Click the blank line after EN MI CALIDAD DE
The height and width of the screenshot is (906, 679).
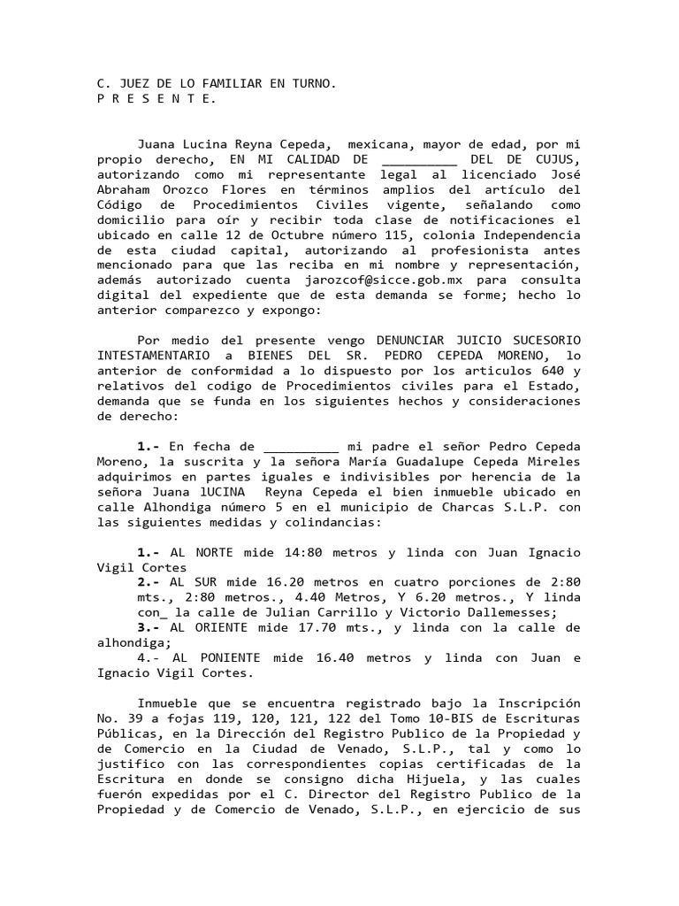[419, 158]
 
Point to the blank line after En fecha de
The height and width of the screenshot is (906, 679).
[301, 447]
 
